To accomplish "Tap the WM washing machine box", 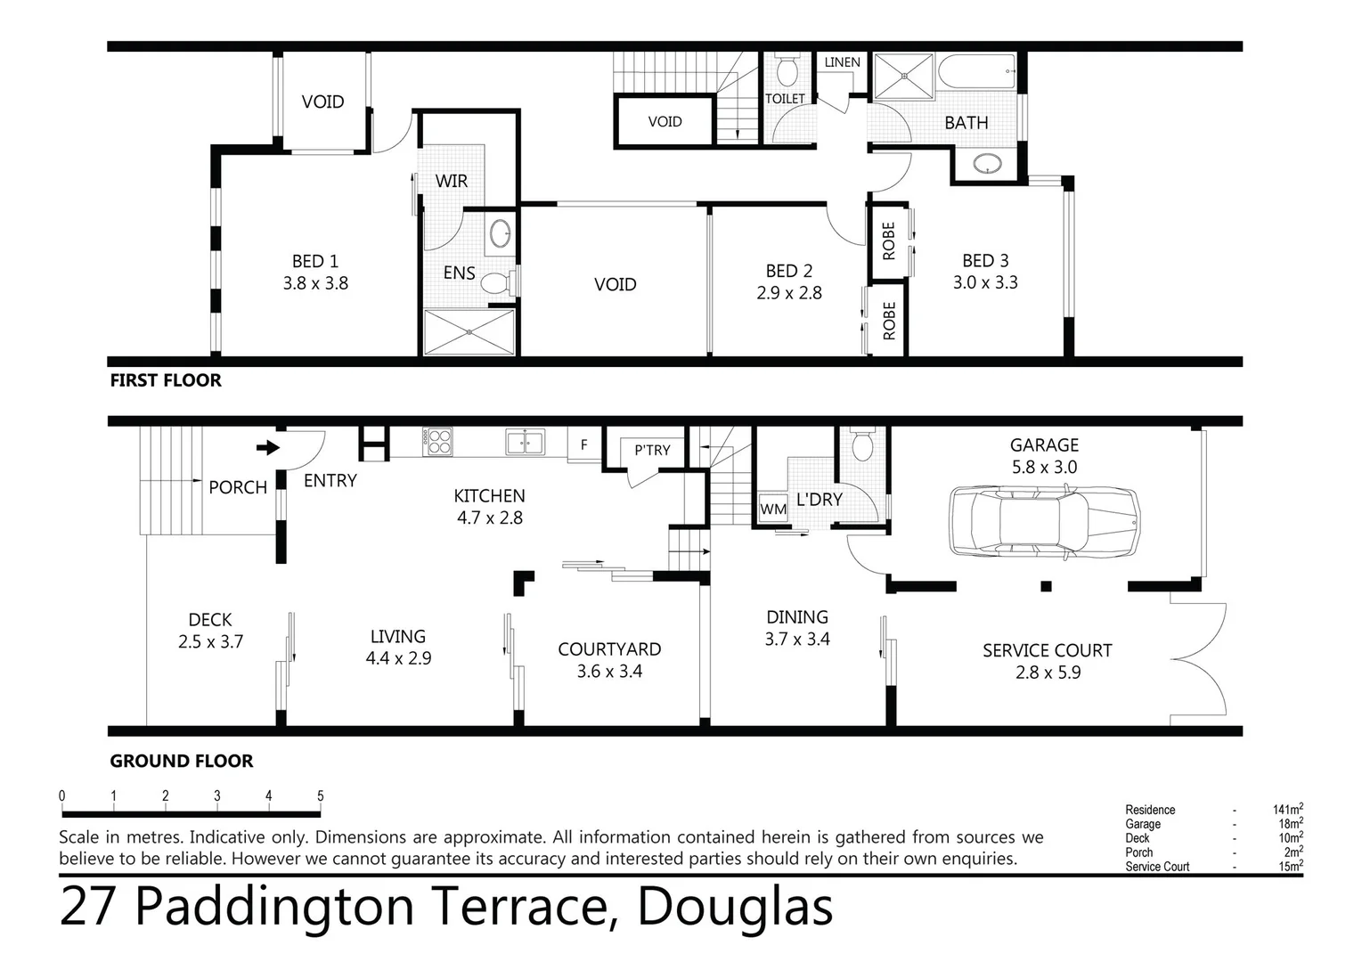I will [x=773, y=510].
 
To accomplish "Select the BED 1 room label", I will [x=315, y=261].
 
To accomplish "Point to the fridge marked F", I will [x=584, y=444].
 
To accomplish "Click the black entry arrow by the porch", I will [x=267, y=447].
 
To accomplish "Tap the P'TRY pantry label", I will [x=652, y=450].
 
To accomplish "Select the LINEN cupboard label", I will [x=842, y=61].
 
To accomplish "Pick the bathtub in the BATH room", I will [x=977, y=71].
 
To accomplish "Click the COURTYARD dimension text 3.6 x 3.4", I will [x=609, y=672].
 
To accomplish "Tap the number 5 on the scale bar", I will [x=320, y=795].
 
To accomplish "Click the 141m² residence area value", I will [x=1288, y=810].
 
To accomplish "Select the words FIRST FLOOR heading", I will [x=166, y=380].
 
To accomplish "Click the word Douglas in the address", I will [x=736, y=907].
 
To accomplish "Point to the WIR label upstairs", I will [x=452, y=181].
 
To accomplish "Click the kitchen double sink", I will [x=525, y=441].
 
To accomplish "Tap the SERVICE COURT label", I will [x=1047, y=650].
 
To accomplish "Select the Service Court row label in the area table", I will [x=1156, y=867].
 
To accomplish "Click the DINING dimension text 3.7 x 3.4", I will [x=797, y=640].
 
